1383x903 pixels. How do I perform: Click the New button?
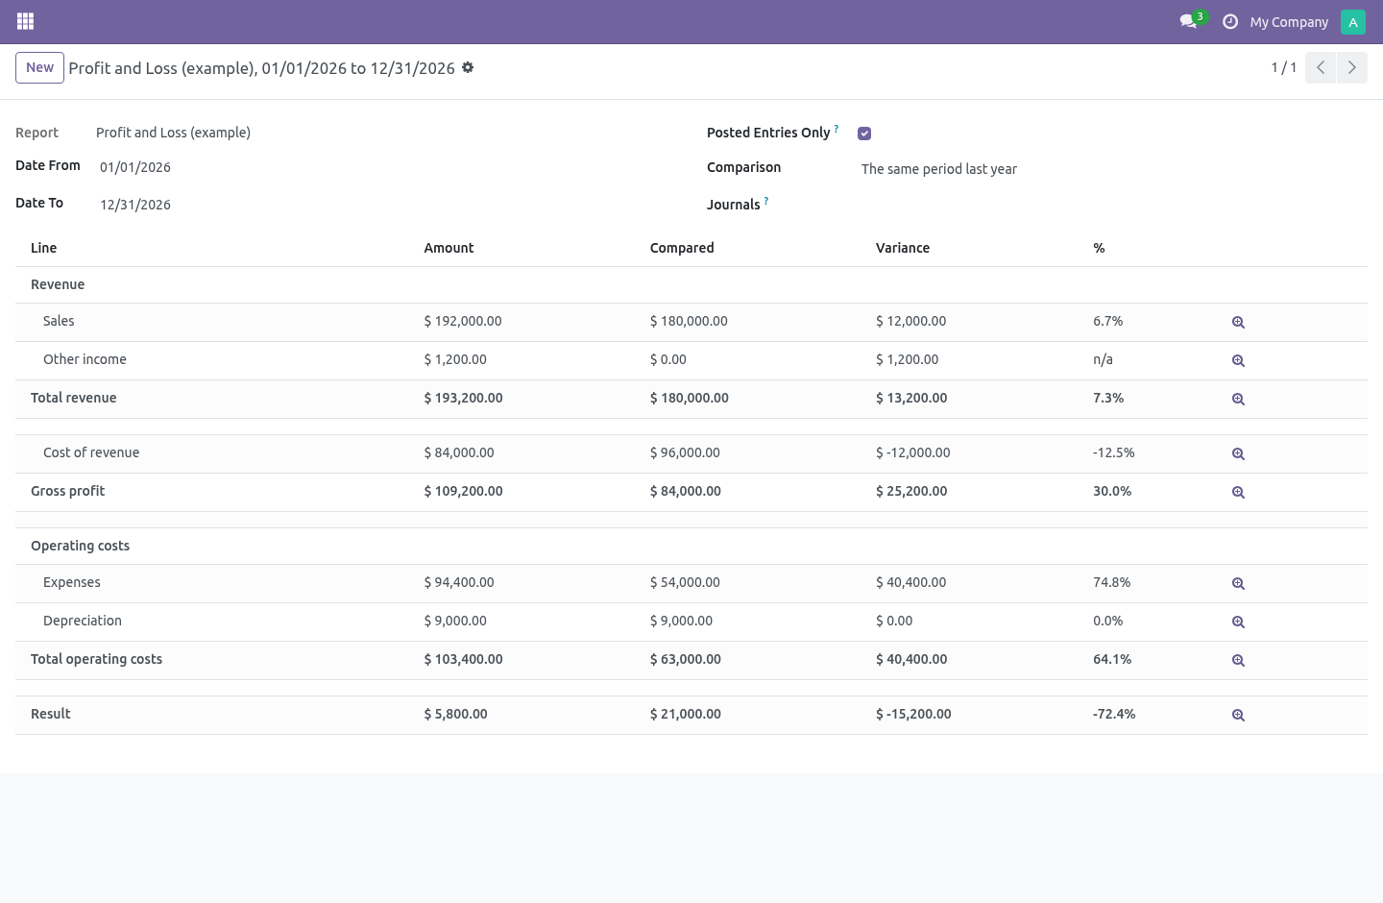point(39,68)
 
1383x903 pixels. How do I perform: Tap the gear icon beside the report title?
point(468,68)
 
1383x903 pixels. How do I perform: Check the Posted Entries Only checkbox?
point(864,134)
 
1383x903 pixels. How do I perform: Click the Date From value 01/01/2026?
point(135,167)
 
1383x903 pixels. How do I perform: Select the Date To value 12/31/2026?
point(135,205)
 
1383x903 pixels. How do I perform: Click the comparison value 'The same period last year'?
point(939,169)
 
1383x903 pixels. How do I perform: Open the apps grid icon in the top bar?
point(25,22)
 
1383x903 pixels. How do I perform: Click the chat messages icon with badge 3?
point(1189,22)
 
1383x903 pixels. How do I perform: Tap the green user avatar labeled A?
point(1353,22)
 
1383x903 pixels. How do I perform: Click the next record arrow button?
point(1352,68)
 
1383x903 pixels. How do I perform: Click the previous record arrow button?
point(1321,68)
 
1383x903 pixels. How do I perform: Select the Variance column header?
point(903,248)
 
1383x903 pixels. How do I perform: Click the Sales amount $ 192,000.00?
point(463,321)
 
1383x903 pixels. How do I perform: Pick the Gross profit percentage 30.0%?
point(1112,492)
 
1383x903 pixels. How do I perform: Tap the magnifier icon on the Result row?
point(1238,716)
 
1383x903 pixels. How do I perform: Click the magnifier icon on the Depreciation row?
point(1238,622)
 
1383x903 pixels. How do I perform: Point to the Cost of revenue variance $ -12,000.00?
point(913,452)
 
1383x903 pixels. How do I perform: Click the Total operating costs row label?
point(96,659)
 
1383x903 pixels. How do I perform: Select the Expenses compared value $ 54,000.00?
point(685,582)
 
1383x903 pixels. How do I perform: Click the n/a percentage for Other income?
point(1103,359)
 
